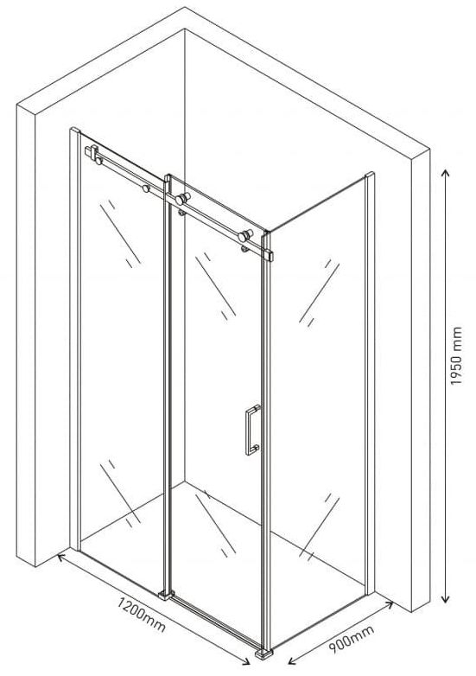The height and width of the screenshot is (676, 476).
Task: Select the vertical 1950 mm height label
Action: tap(455, 356)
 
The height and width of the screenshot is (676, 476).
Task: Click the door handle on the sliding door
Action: tap(253, 430)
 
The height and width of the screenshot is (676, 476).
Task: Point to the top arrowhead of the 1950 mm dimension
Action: tap(446, 173)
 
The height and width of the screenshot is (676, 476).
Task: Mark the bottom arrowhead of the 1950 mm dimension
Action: tap(446, 598)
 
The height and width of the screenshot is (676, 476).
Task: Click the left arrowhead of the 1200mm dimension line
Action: tap(61, 557)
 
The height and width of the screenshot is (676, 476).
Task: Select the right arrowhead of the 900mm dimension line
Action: tap(389, 604)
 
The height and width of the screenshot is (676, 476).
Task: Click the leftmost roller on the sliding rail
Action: tap(98, 162)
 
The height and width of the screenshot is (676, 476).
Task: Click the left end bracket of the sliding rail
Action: tap(92, 153)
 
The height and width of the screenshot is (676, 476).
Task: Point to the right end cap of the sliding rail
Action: tap(270, 255)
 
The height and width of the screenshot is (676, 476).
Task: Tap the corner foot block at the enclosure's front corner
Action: tap(263, 654)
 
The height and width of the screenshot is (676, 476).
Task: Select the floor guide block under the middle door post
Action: tap(166, 595)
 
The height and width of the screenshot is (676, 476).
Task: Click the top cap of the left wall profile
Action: tap(75, 130)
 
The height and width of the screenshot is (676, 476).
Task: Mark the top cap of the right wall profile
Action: tap(370, 174)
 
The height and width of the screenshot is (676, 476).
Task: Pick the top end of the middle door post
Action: tap(168, 176)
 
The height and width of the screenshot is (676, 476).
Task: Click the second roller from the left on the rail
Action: tap(146, 188)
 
